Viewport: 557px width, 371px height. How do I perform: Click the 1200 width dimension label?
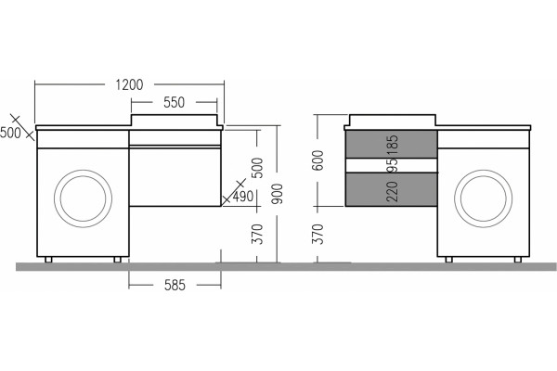pyautogui.click(x=129, y=84)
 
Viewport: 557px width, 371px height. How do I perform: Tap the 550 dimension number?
pyautogui.click(x=175, y=103)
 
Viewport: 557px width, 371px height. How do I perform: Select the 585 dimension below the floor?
pyautogui.click(x=175, y=285)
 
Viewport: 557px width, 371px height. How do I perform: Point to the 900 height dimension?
pyautogui.click(x=278, y=194)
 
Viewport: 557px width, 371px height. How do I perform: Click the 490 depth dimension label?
pyautogui.click(x=243, y=196)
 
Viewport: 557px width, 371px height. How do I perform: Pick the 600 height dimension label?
pyautogui.click(x=318, y=160)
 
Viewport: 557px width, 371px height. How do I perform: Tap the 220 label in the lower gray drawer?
pyautogui.click(x=393, y=191)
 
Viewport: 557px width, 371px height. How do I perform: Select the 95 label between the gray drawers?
pyautogui.click(x=393, y=165)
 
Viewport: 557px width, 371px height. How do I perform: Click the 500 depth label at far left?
pyautogui.click(x=10, y=133)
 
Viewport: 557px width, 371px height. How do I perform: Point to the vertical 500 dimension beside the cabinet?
pyautogui.click(x=257, y=168)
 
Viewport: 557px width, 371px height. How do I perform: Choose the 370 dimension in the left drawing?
pyautogui.click(x=257, y=235)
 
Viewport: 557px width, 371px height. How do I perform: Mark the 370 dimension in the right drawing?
pyautogui.click(x=318, y=235)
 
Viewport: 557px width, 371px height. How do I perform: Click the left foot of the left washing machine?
pyautogui.click(x=48, y=260)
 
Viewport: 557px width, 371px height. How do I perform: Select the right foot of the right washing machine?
pyautogui.click(x=518, y=260)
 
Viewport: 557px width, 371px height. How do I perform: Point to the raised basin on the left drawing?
pyautogui.click(x=175, y=120)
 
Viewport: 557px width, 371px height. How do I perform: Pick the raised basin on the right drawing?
pyautogui.click(x=393, y=120)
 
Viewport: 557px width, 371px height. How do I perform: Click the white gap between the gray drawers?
pyautogui.click(x=391, y=165)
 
